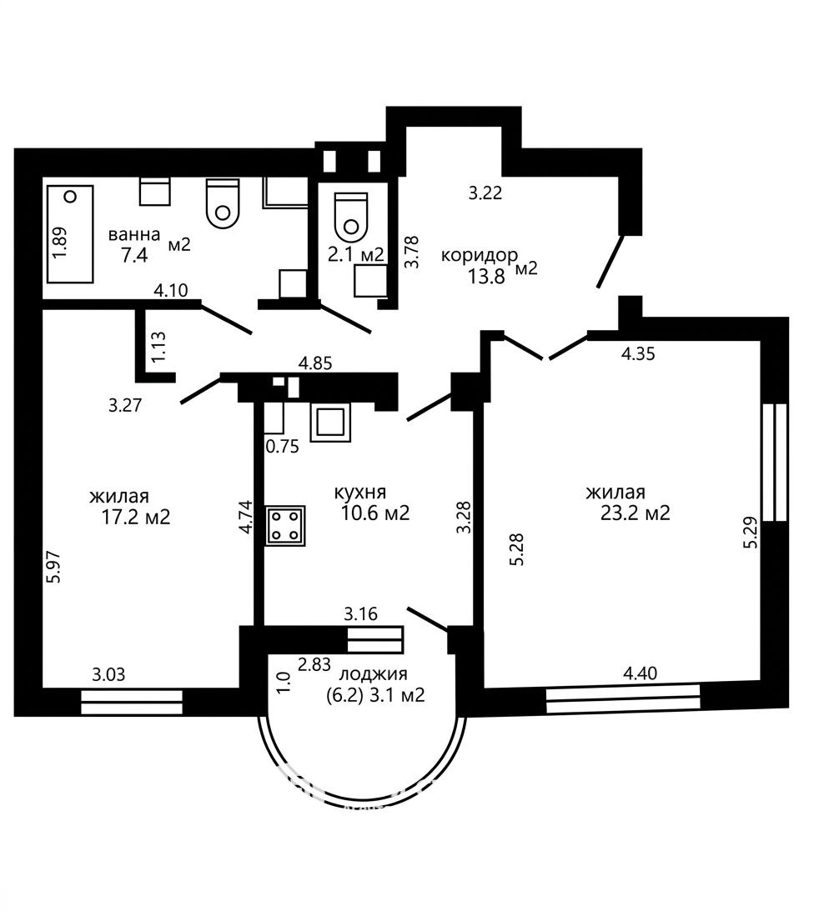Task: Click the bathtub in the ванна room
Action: (70, 234)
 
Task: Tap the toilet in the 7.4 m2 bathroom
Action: (224, 203)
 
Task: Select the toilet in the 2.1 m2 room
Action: (352, 218)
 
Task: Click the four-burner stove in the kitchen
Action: (285, 526)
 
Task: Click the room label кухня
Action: (360, 493)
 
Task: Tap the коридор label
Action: (479, 255)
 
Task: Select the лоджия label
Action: (373, 673)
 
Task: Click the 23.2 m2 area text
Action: (635, 513)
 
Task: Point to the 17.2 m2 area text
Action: (135, 517)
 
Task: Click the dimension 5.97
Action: (54, 567)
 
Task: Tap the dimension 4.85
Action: (315, 363)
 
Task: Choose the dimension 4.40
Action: (641, 673)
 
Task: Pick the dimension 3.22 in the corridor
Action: (485, 193)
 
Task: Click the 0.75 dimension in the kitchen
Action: (282, 446)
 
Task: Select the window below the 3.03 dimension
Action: (132, 702)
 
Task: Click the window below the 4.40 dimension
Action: (623, 698)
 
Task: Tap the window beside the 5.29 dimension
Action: (775, 463)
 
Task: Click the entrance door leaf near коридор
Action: (610, 262)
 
